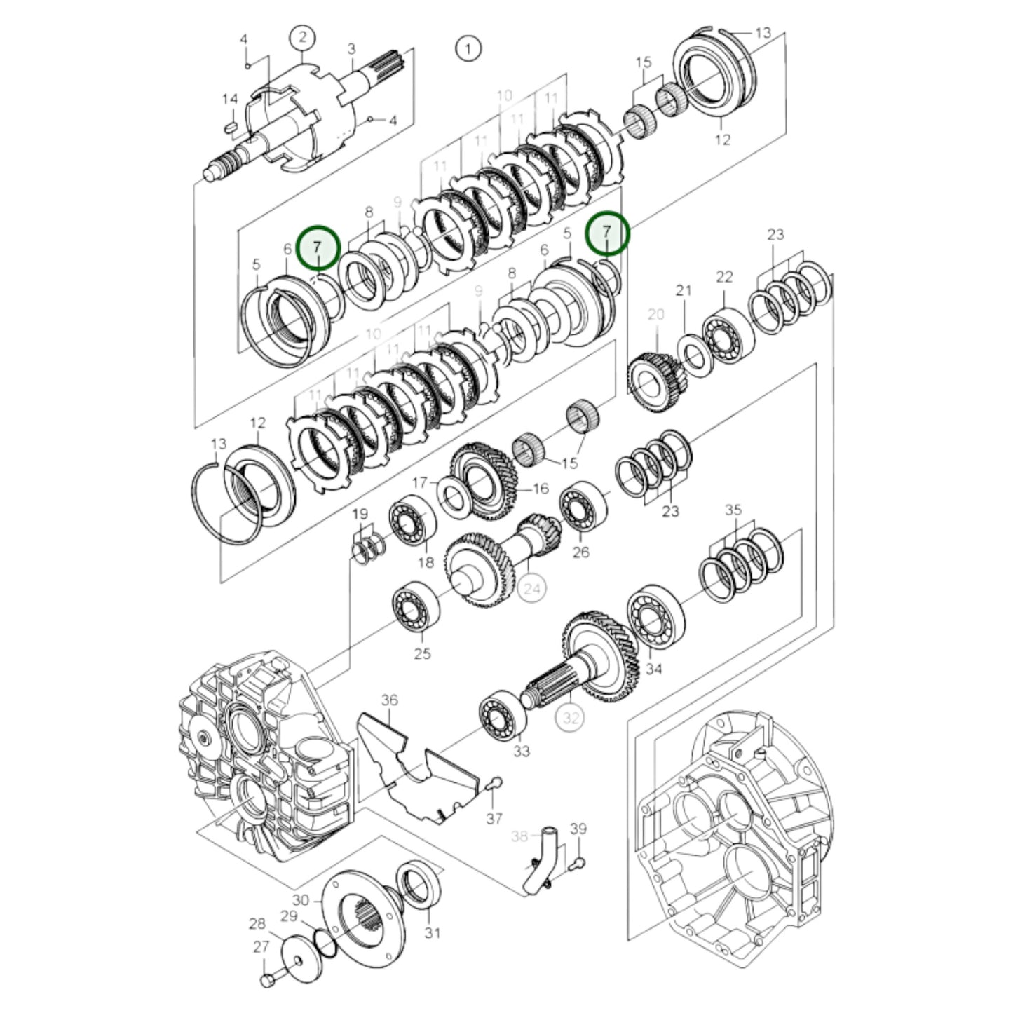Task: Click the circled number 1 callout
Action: click(468, 48)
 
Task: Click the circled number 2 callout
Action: click(302, 36)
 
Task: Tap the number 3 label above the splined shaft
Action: click(351, 48)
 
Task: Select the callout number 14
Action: click(230, 100)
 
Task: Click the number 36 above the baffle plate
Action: click(390, 700)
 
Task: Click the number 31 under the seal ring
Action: click(433, 932)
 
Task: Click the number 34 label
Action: click(653, 669)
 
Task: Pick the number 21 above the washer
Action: click(684, 290)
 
